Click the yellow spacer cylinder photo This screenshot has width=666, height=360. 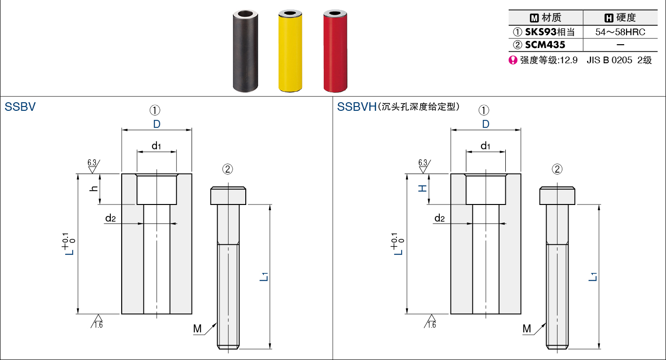[290, 51]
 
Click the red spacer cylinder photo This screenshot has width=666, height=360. [335, 51]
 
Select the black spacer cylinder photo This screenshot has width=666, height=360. [245, 51]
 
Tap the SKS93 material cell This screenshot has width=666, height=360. [544, 32]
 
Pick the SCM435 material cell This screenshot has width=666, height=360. [539, 45]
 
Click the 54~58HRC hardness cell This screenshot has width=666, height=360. [620, 32]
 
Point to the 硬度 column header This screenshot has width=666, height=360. [620, 18]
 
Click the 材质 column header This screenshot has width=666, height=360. [546, 18]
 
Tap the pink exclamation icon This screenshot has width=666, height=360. [513, 60]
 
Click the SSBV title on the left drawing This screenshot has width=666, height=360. [20, 107]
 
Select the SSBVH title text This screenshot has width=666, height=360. [357, 107]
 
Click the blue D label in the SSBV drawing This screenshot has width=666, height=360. [157, 124]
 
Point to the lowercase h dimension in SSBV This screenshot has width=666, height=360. [94, 188]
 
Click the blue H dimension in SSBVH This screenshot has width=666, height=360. [423, 188]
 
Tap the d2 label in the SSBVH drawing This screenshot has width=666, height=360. [439, 218]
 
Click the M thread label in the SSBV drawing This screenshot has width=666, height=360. [197, 329]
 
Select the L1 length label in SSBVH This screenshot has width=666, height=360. [593, 277]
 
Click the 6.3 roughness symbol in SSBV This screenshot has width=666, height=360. [93, 166]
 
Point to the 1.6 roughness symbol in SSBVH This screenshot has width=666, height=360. [430, 321]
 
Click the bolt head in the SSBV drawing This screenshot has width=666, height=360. [228, 196]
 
